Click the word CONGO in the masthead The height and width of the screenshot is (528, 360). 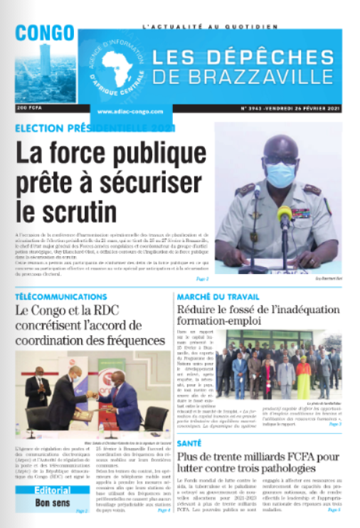45,33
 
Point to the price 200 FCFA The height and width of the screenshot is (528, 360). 29,108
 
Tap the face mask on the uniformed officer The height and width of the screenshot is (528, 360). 280,174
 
